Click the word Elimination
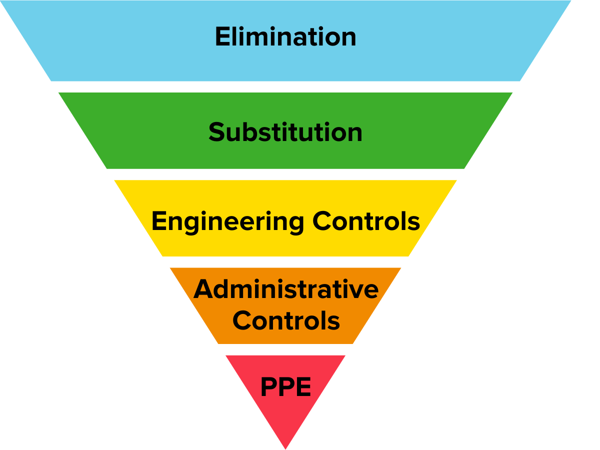[285, 37]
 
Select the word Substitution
[285, 132]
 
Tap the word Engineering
[227, 221]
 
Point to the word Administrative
[286, 289]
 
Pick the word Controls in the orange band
[286, 320]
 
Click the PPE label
[285, 386]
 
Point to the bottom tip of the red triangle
[285, 447]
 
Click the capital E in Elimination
[222, 37]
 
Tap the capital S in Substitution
[216, 132]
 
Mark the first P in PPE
[269, 386]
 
